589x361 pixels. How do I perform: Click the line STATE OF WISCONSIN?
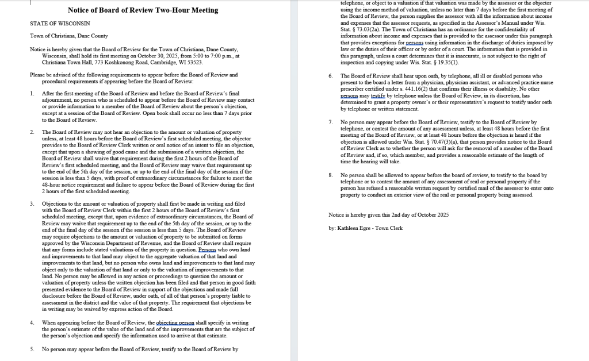click(60, 23)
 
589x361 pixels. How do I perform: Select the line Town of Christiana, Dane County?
click(68, 36)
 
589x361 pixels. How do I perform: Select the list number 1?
click(32, 93)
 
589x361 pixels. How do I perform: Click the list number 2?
click(32, 132)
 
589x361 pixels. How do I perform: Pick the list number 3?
click(32, 204)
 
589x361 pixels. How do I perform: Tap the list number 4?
click(32, 322)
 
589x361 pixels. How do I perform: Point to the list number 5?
click(32, 349)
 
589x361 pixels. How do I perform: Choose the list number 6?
click(330, 76)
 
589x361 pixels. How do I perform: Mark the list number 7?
click(330, 122)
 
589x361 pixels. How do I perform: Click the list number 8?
click(330, 175)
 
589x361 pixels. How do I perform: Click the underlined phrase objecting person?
click(176, 322)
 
